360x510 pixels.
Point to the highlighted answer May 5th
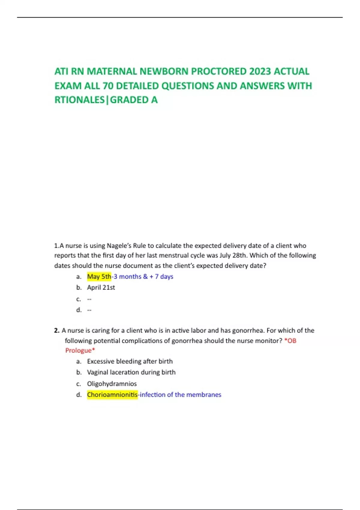click(x=99, y=276)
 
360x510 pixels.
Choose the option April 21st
click(x=101, y=287)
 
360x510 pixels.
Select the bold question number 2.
click(x=57, y=330)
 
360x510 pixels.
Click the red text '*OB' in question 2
click(x=290, y=340)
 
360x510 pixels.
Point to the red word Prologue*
click(x=80, y=350)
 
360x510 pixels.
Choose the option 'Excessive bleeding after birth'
click(x=130, y=361)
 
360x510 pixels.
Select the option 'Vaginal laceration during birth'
click(x=131, y=372)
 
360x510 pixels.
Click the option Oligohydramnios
click(x=112, y=383)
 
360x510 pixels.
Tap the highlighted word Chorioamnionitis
click(x=112, y=394)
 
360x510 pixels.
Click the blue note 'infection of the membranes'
click(x=180, y=394)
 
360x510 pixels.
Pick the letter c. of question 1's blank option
click(x=79, y=299)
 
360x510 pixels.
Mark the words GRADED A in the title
click(x=134, y=100)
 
